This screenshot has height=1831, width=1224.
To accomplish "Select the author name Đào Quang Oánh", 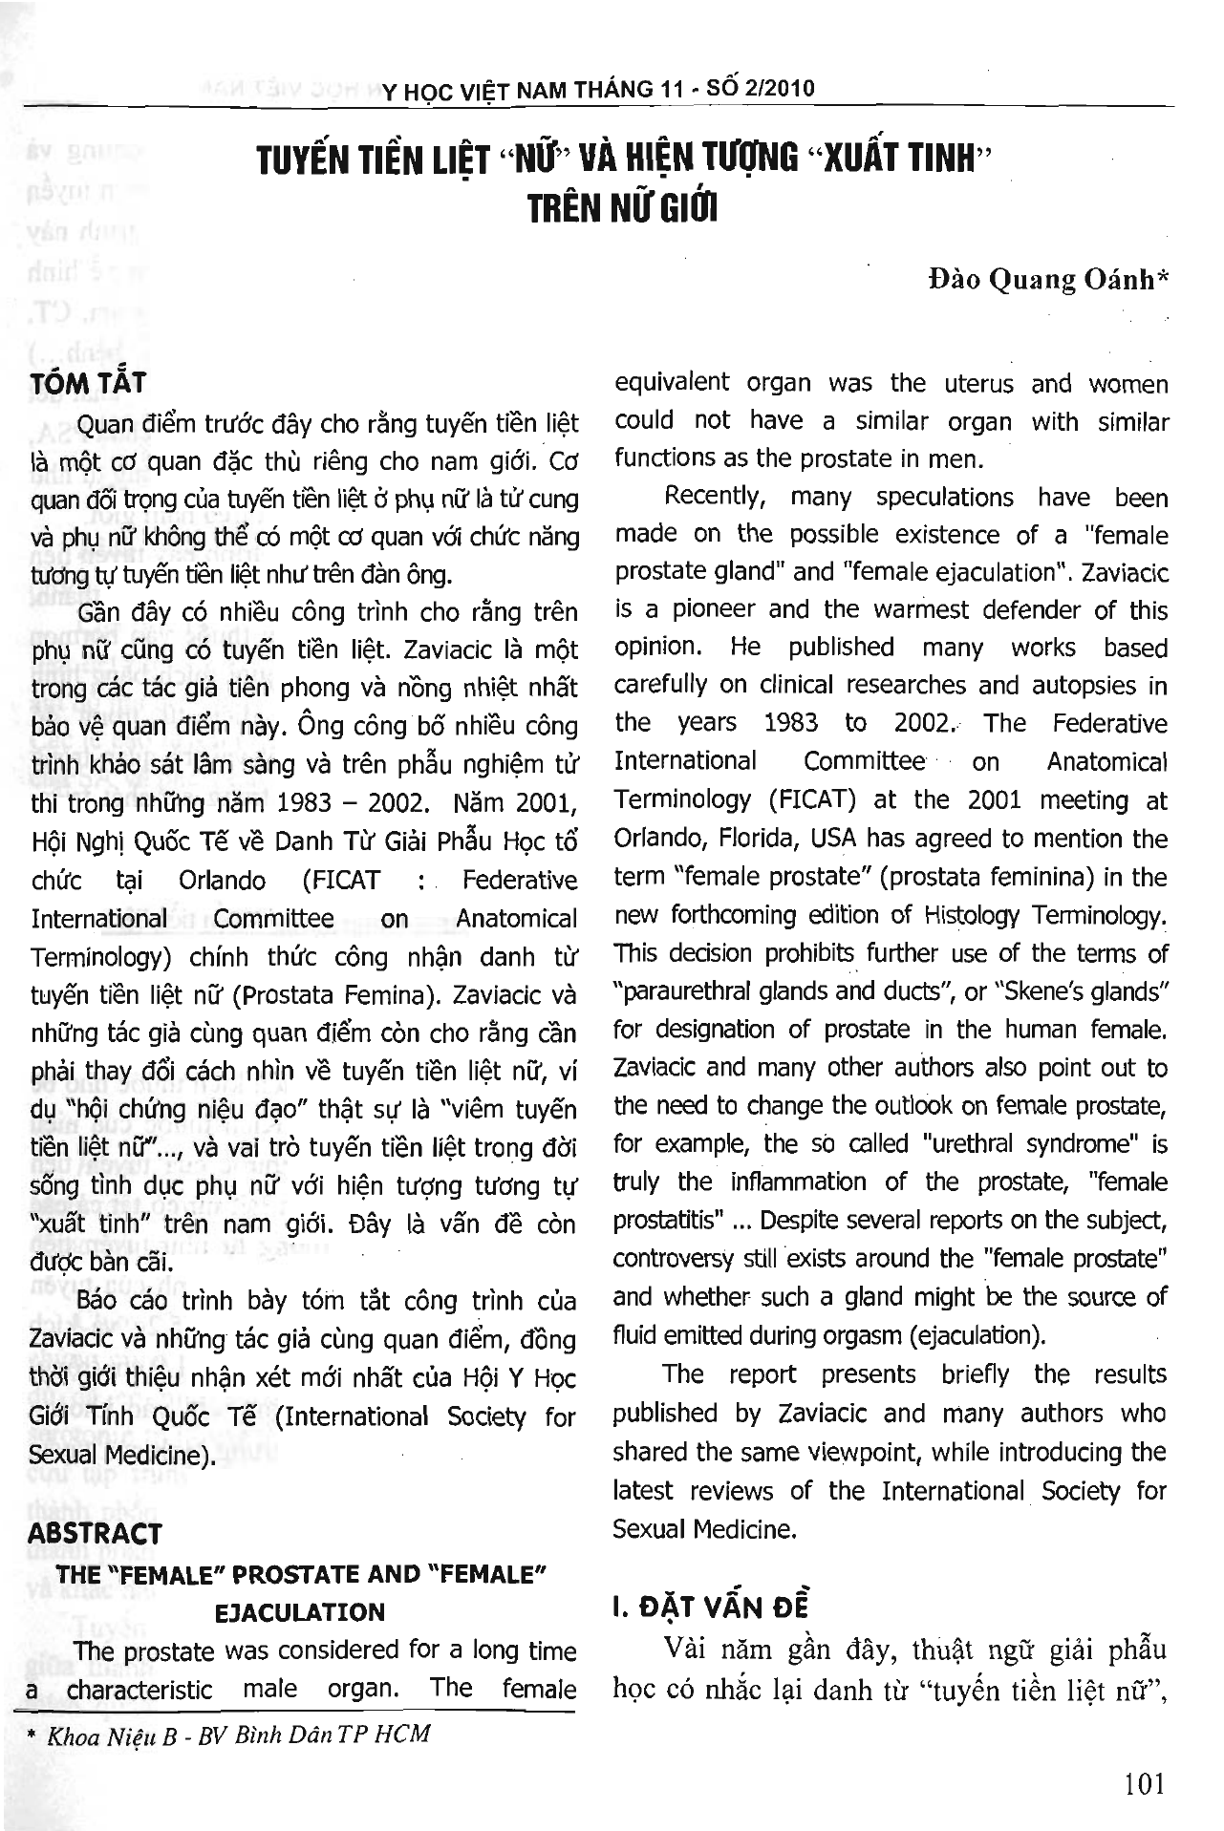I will (1048, 280).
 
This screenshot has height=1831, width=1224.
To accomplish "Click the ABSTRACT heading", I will (95, 1534).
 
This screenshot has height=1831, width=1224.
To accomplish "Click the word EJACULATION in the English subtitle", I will (299, 1612).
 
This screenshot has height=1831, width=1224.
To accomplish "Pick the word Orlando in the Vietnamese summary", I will (222, 880).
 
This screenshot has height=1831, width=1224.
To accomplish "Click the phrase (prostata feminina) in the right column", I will (975, 877).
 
